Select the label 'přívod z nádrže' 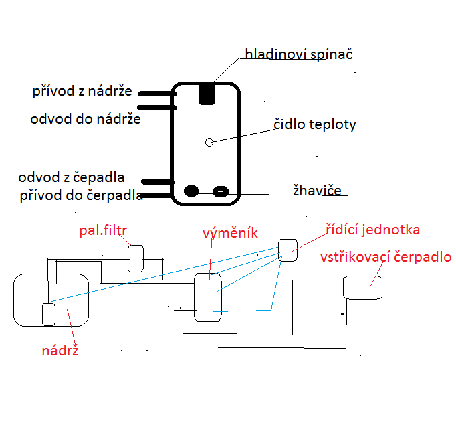pyautogui.click(x=83, y=91)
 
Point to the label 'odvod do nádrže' pyautogui.click(x=86, y=119)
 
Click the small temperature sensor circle pyautogui.click(x=209, y=142)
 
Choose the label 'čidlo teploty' pyautogui.click(x=315, y=124)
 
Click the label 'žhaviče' pyautogui.click(x=317, y=190)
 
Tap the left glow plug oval pyautogui.click(x=192, y=191)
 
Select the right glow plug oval pyautogui.click(x=221, y=191)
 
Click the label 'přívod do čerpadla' pyautogui.click(x=82, y=195)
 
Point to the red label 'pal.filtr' pyautogui.click(x=103, y=231)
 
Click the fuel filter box pyautogui.click(x=136, y=258)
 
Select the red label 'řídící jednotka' pyautogui.click(x=372, y=230)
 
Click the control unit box pyautogui.click(x=288, y=250)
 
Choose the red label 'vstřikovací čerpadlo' pyautogui.click(x=386, y=257)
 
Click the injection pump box pyautogui.click(x=362, y=287)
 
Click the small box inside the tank pyautogui.click(x=48, y=314)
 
